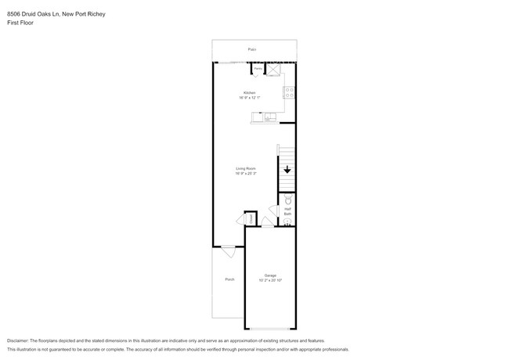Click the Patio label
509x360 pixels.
pyautogui.click(x=252, y=49)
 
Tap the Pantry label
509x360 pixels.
pyautogui.click(x=258, y=69)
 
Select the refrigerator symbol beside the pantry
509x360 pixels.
pyautogui.click(x=274, y=70)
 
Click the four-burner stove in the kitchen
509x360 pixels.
pyautogui.click(x=288, y=92)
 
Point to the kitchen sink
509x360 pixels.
pyautogui.click(x=269, y=117)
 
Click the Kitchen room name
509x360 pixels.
pyautogui.click(x=250, y=92)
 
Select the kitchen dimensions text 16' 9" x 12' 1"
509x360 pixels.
pyautogui.click(x=250, y=98)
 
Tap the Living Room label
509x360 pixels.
pyautogui.click(x=246, y=168)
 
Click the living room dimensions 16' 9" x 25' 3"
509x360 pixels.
pyautogui.click(x=246, y=174)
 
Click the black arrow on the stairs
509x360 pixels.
pyautogui.click(x=287, y=169)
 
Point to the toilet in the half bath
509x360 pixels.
pyautogui.click(x=287, y=200)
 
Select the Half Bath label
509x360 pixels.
pyautogui.click(x=287, y=211)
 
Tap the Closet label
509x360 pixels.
pyautogui.click(x=251, y=219)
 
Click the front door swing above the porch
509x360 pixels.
pyautogui.click(x=227, y=251)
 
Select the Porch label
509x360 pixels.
pyautogui.click(x=229, y=279)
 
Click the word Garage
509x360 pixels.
pyautogui.click(x=270, y=275)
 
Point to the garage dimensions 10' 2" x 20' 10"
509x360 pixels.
pyautogui.click(x=270, y=280)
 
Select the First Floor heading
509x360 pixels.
pyautogui.click(x=20, y=23)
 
